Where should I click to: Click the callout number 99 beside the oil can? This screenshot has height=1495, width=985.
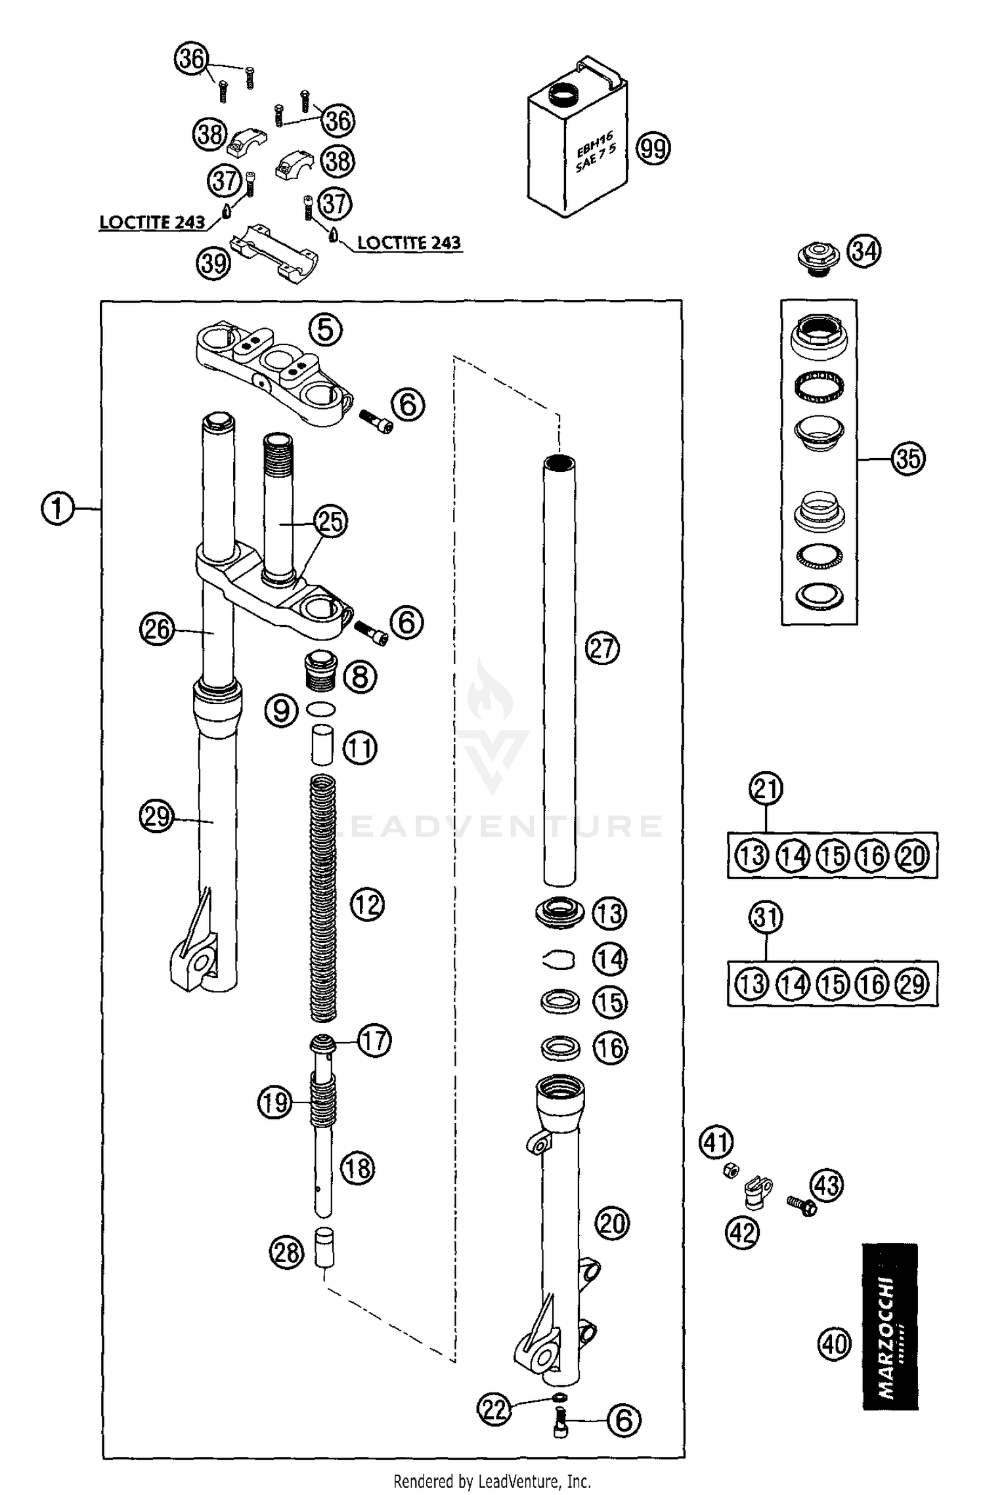click(x=653, y=148)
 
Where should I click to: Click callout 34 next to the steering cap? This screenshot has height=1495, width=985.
click(x=864, y=251)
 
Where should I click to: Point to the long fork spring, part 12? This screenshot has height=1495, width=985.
click(x=322, y=899)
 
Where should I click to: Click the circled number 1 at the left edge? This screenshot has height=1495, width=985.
click(x=58, y=509)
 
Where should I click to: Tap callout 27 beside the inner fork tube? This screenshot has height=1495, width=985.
click(x=602, y=649)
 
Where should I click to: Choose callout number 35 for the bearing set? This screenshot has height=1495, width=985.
click(x=908, y=458)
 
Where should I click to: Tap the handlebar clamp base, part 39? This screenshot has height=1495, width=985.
click(x=273, y=253)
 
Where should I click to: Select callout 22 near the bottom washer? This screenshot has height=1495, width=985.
click(x=495, y=1409)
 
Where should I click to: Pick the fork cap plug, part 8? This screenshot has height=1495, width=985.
click(x=321, y=671)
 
